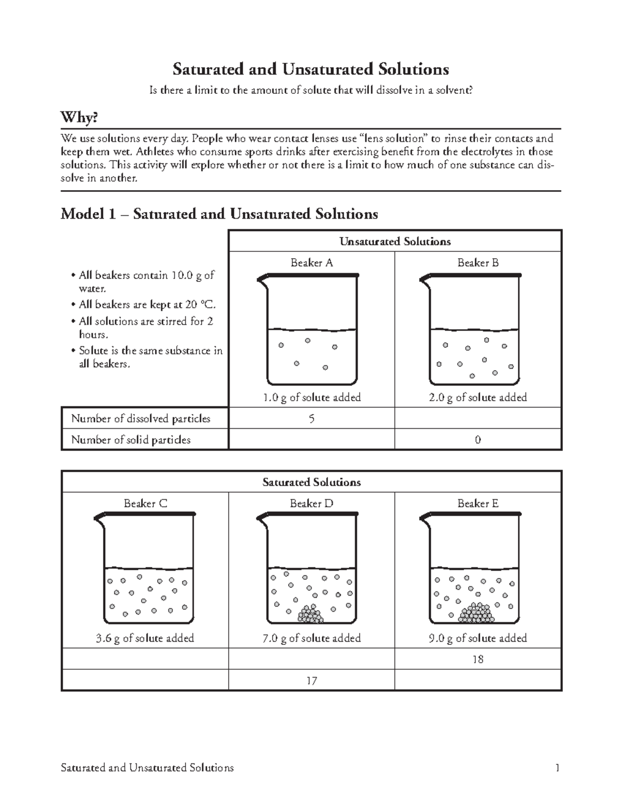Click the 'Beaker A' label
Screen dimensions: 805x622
(x=312, y=263)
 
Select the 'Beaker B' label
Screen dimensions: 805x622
(x=478, y=263)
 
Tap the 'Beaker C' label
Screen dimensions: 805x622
(x=145, y=503)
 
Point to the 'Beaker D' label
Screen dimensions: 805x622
(x=312, y=503)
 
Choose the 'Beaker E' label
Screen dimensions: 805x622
(x=478, y=503)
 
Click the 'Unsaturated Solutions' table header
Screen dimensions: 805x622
(x=395, y=242)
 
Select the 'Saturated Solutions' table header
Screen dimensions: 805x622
(x=312, y=482)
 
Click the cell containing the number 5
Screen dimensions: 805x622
(x=312, y=418)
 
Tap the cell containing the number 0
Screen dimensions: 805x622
(x=478, y=440)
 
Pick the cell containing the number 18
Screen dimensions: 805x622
(x=478, y=659)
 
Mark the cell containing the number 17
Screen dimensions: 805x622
(x=312, y=681)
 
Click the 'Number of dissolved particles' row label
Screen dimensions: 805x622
(x=140, y=418)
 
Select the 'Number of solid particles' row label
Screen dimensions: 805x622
(x=131, y=440)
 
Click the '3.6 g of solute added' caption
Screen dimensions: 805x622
(x=145, y=638)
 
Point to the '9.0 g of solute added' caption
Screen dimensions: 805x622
(x=478, y=638)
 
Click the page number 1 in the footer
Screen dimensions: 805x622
(x=557, y=768)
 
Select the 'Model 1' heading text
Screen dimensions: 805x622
(x=219, y=214)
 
